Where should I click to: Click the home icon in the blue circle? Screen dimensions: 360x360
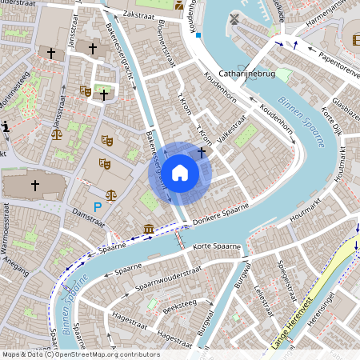pos(180,172)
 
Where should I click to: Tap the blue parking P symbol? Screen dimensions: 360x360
pos(98,207)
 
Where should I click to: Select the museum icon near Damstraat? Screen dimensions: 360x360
pos(149,230)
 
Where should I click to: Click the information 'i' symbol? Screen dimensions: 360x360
pos(6,126)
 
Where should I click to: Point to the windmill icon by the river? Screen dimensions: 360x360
pos(234,18)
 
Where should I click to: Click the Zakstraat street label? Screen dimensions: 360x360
pos(139,15)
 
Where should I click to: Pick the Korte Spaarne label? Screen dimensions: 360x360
pos(217,246)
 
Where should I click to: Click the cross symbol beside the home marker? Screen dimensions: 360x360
pos(202,150)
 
